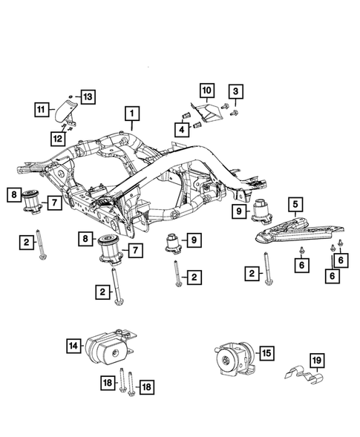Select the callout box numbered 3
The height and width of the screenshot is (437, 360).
pyautogui.click(x=235, y=91)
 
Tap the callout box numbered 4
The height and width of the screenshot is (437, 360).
pyautogui.click(x=181, y=129)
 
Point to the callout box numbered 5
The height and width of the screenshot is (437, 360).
pyautogui.click(x=295, y=202)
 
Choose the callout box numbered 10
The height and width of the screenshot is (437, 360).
pyautogui.click(x=206, y=91)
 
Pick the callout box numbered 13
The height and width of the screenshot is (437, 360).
pyautogui.click(x=88, y=96)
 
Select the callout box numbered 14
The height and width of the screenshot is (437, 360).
pyautogui.click(x=73, y=344)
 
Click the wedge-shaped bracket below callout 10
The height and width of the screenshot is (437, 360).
pyautogui.click(x=209, y=114)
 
